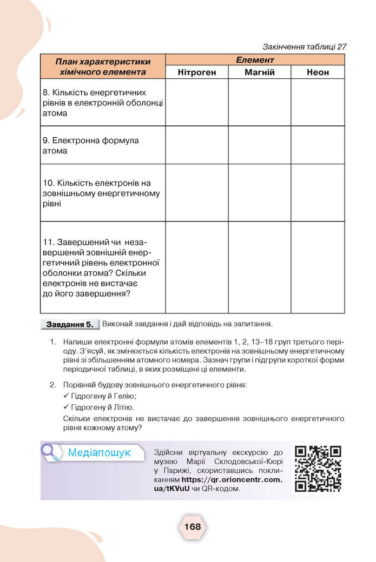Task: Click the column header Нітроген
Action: tap(197, 72)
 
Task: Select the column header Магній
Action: tap(260, 72)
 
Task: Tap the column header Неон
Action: tap(318, 72)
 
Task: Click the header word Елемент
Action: tap(255, 60)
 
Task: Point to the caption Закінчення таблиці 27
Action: tap(304, 46)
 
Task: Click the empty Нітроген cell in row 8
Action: tap(197, 103)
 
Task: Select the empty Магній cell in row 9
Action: tap(260, 145)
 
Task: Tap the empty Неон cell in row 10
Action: tap(318, 193)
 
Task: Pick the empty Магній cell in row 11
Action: tap(260, 267)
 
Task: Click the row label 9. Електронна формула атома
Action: tap(90, 145)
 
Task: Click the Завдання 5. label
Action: tap(70, 325)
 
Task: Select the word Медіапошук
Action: tap(100, 453)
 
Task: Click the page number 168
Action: tap(192, 526)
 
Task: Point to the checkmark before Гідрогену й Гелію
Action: tap(67, 396)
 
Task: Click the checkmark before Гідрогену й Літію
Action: tap(67, 407)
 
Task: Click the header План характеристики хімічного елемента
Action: tap(103, 66)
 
